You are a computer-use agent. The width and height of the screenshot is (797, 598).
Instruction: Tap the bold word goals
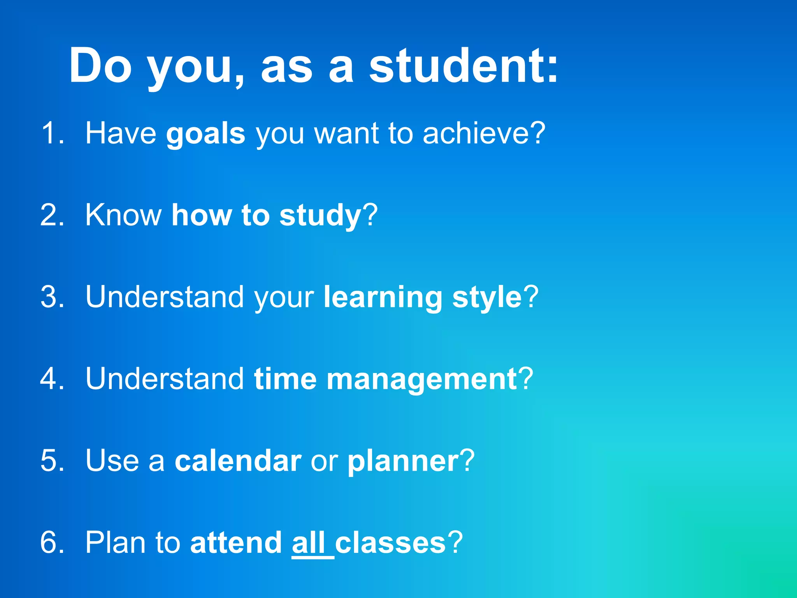[x=205, y=134]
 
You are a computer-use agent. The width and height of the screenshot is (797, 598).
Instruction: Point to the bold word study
[x=320, y=216]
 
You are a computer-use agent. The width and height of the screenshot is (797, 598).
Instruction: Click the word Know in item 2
[x=123, y=215]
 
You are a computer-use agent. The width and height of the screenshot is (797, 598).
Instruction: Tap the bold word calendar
[x=238, y=461]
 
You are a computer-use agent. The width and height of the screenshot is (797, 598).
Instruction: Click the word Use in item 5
[x=112, y=461]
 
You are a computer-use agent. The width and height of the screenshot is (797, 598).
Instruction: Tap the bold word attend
[x=236, y=543]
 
